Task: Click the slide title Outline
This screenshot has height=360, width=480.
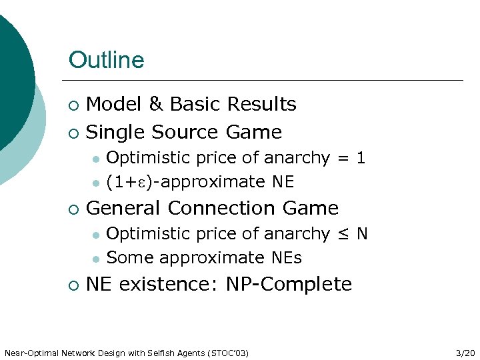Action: (106, 60)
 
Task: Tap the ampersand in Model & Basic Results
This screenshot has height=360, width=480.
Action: (156, 104)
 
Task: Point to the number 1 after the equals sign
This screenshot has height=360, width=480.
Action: (361, 158)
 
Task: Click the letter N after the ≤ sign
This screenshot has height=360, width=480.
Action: (362, 234)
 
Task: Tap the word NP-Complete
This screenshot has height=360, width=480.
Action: (289, 284)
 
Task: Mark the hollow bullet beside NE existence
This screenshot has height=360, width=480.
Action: (73, 285)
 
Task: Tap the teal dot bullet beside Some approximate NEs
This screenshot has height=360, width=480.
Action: (96, 259)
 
